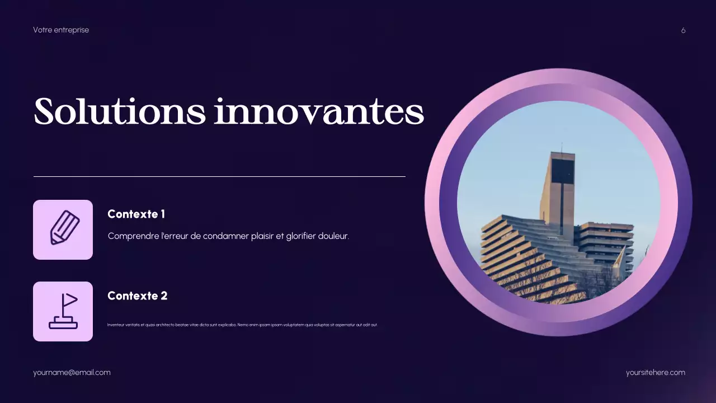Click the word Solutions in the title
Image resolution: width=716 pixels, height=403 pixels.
119,112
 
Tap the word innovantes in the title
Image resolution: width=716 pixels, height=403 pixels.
319,112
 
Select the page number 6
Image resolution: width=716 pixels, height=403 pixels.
683,30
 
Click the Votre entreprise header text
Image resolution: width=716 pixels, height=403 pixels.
61,30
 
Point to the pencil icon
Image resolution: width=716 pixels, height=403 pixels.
63,229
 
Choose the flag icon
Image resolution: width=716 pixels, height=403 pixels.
63,311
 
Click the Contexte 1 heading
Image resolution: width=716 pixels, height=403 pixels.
136,214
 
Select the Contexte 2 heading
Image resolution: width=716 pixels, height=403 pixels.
137,296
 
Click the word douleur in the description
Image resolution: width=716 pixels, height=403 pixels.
333,236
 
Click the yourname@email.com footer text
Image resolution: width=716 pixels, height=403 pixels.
72,372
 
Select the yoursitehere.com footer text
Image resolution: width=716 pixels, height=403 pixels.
655,372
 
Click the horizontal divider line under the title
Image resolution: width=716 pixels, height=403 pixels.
219,176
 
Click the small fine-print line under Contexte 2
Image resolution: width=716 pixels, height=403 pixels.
242,325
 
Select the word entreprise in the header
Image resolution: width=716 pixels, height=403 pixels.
71,30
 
